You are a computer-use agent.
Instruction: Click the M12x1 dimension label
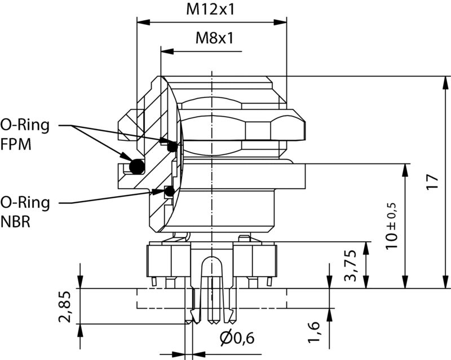212,9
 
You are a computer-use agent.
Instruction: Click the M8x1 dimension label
214,39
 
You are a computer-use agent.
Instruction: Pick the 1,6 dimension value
315,332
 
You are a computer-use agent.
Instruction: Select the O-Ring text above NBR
25,202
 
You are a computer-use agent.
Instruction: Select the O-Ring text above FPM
25,125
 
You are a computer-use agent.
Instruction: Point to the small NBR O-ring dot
169,192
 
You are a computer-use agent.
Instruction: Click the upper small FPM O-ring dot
173,146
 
